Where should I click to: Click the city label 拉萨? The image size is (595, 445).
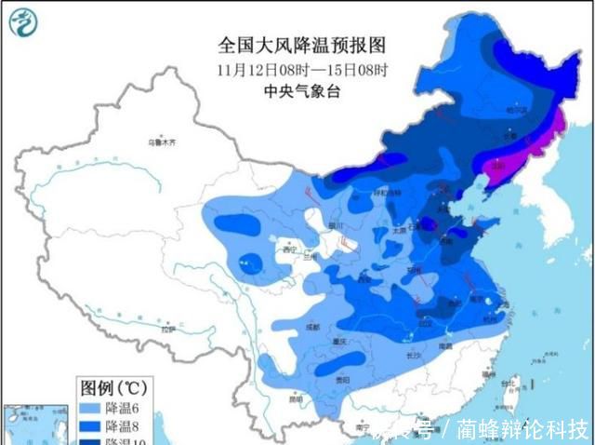point(167,330)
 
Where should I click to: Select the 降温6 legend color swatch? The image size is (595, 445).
point(93,406)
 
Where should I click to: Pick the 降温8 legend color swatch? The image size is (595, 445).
point(93,425)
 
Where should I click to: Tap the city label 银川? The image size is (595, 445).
point(337,225)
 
